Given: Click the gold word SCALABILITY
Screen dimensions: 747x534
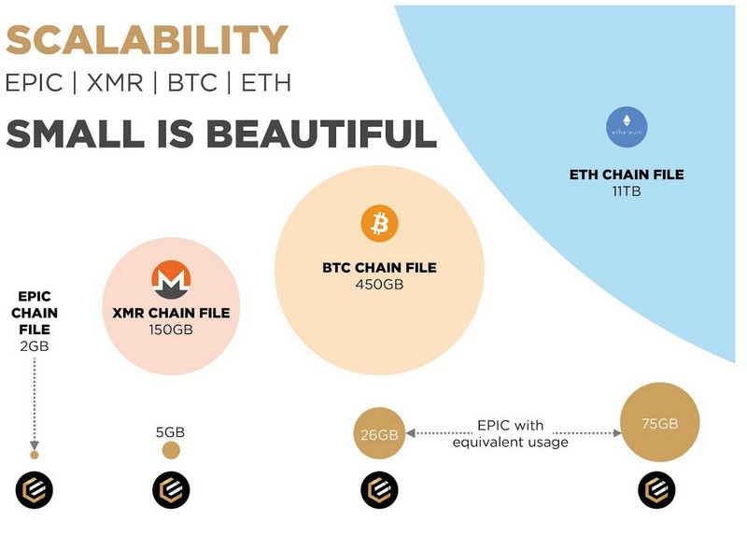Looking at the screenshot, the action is [147, 39].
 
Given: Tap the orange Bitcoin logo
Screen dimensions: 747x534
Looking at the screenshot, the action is [379, 223].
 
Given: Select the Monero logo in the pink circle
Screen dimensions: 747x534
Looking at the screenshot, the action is [171, 280].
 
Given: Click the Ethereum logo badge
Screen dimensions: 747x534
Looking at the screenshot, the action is [627, 127].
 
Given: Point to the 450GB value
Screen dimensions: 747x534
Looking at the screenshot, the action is [379, 285].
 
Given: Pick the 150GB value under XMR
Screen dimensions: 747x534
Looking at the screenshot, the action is [171, 330].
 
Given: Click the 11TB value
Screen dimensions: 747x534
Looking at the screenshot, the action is [627, 191].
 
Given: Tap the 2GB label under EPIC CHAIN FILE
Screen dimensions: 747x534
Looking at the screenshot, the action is [35, 346].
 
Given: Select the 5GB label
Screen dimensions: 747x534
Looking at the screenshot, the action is [170, 432].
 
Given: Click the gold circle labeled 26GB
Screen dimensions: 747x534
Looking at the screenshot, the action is [379, 433].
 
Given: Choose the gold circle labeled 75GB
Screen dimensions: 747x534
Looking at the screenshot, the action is [660, 423].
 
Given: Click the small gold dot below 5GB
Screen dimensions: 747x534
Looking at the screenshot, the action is [171, 450].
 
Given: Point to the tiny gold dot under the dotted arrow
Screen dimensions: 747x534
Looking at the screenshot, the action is [35, 455].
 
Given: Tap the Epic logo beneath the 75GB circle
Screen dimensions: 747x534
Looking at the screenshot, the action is [656, 490].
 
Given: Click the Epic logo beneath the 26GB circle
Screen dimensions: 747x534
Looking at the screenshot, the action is [379, 490].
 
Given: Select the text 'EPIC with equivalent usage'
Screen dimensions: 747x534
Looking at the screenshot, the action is [510, 433].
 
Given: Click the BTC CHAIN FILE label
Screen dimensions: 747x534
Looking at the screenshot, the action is [379, 267].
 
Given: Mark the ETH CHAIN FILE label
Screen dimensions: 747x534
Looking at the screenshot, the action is [627, 175].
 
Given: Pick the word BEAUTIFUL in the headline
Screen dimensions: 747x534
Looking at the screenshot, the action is [323, 133].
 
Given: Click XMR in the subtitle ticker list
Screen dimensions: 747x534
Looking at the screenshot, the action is [115, 82].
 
